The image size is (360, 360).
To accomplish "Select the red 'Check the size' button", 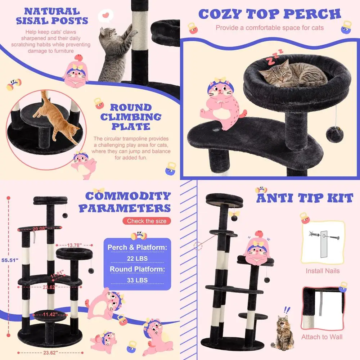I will click(147, 221).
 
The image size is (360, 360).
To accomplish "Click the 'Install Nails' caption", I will click(323, 271).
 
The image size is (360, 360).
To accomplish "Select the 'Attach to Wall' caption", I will click(322, 337).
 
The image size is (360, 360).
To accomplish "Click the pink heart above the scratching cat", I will click(105, 15).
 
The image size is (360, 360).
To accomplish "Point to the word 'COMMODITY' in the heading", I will click(128, 197).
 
